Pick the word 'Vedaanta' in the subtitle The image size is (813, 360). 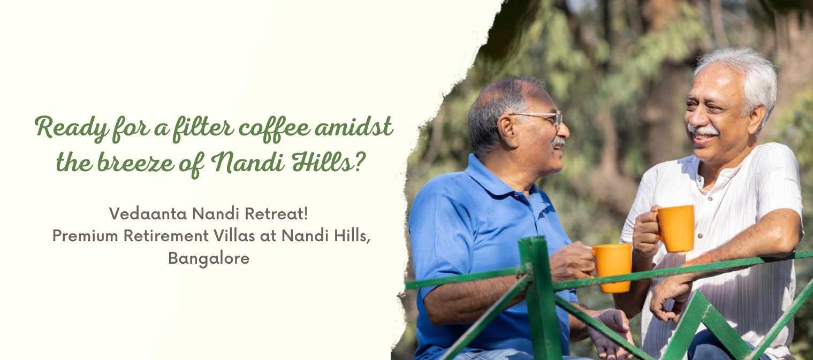pyautogui.click(x=148, y=214)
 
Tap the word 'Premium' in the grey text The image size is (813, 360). pyautogui.click(x=85, y=236)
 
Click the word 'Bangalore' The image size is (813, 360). pyautogui.click(x=209, y=259)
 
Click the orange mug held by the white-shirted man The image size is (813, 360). pyautogui.click(x=674, y=228)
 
